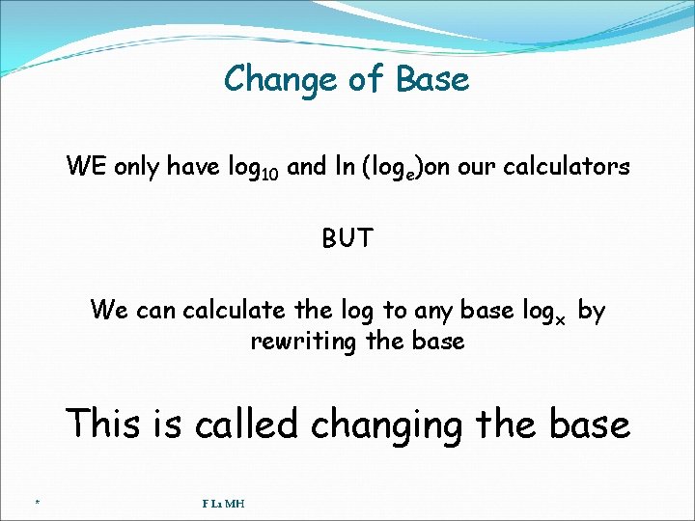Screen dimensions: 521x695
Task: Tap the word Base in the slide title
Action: [x=431, y=79]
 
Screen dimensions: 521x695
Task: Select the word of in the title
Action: [x=366, y=79]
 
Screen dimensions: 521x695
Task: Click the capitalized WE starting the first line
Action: [x=87, y=167]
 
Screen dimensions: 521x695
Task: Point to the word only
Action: [x=138, y=167]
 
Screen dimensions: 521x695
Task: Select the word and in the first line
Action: [x=307, y=167]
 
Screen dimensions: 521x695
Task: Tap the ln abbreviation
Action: [x=344, y=167]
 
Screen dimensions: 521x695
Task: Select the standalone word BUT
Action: [x=347, y=238]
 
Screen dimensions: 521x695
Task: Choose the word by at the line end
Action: [x=591, y=311]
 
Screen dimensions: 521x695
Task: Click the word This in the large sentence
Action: [x=104, y=424]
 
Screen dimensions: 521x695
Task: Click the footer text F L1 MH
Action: [x=223, y=503]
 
